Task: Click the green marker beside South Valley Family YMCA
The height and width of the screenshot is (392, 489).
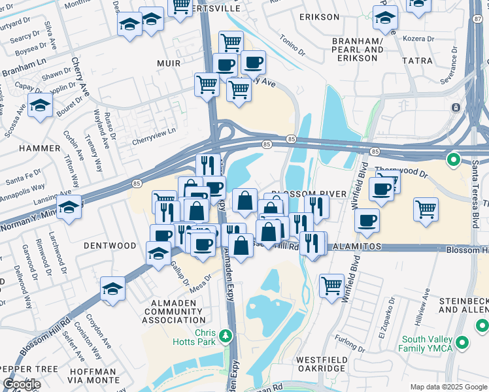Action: (x=463, y=342)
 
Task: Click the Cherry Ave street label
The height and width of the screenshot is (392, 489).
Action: (x=82, y=76)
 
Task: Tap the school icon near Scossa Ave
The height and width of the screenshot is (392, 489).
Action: (x=40, y=105)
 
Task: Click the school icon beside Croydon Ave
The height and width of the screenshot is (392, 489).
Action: (x=113, y=288)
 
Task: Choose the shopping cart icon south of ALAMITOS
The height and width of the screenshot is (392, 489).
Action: (x=331, y=285)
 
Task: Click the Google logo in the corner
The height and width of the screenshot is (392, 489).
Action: (x=22, y=384)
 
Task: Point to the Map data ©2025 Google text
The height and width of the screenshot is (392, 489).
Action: (x=448, y=387)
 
